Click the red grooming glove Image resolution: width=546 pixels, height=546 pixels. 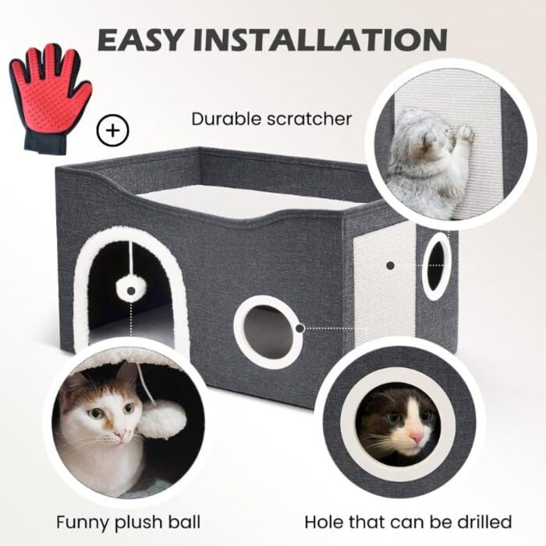coord(51,96)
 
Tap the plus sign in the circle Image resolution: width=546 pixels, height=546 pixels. coord(112,131)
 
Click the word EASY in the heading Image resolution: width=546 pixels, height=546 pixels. coord(140,39)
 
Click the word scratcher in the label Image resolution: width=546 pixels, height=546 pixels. coord(310,119)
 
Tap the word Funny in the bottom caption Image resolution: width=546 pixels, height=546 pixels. coord(83,523)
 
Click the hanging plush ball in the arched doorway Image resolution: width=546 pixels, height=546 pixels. coord(130,289)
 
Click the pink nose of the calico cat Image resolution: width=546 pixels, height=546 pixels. coord(121,434)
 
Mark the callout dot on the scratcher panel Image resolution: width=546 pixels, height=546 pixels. coord(390,265)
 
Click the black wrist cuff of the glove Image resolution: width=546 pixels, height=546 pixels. coord(44,141)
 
